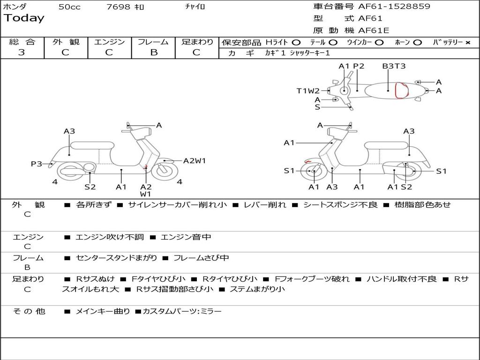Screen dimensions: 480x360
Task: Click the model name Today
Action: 24,18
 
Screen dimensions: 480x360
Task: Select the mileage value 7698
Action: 119,7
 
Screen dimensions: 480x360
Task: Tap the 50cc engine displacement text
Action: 69,7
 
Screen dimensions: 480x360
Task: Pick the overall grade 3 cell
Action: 22,52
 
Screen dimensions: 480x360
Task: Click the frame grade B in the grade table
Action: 153,52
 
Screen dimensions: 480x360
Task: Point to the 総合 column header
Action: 22,42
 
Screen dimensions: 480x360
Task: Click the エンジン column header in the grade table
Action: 109,42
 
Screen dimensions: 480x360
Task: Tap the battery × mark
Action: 467,43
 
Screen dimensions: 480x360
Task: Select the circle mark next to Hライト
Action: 296,43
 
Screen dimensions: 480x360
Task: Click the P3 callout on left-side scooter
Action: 37,164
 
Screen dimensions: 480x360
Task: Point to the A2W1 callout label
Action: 195,161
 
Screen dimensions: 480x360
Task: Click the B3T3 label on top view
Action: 394,66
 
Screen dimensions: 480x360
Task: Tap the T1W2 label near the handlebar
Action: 308,91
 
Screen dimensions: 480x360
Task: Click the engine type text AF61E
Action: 374,31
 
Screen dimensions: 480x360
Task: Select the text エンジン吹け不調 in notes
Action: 110,237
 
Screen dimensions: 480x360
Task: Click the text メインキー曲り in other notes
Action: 103,311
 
